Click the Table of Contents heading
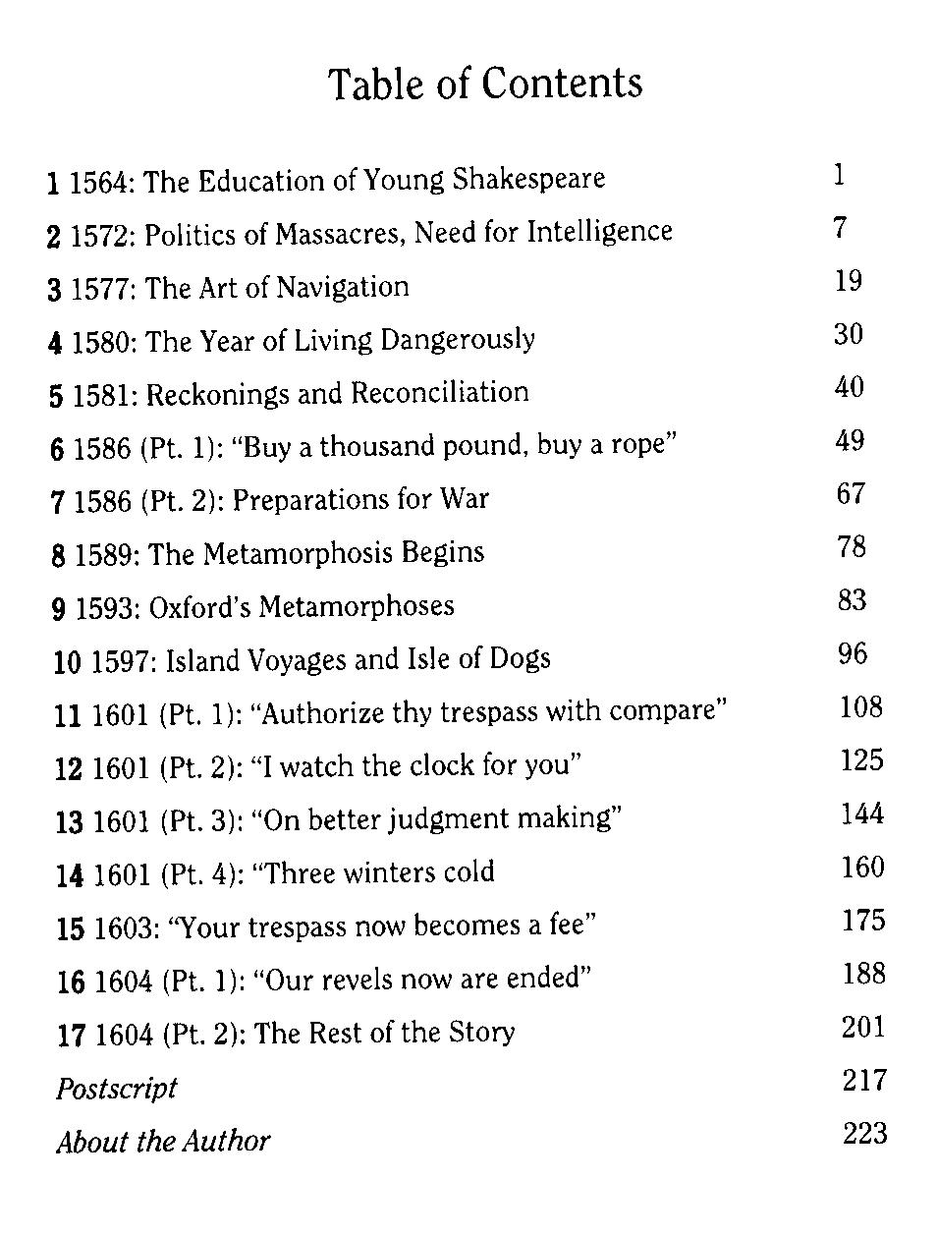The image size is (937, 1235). [485, 84]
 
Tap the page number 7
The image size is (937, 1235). [840, 228]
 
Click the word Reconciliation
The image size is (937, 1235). [440, 393]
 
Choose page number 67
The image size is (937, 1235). [851, 493]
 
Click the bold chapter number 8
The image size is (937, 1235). [59, 555]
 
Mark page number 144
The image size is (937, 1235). [861, 814]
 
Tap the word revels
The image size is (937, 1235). [337, 980]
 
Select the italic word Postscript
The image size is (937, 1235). [116, 1089]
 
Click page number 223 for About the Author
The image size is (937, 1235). [864, 1134]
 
